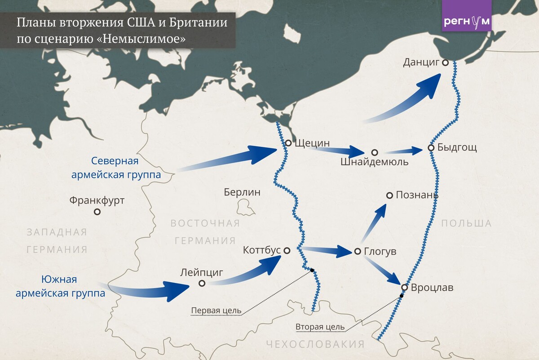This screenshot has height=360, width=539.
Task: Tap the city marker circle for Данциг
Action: pyautogui.click(x=445, y=63)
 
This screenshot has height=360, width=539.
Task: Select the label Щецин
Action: pyautogui.click(x=313, y=143)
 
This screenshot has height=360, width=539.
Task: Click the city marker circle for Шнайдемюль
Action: pyautogui.click(x=375, y=153)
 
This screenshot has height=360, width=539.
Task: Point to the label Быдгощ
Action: pyautogui.click(x=457, y=147)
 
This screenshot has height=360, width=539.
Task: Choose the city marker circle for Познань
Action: pyautogui.click(x=389, y=196)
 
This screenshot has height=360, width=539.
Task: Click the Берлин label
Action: pyautogui.click(x=242, y=192)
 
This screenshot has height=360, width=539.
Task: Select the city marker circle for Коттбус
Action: pyautogui.click(x=287, y=250)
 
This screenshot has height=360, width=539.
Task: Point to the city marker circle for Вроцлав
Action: pyautogui.click(x=404, y=287)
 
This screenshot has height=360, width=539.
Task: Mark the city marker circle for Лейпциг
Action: pyautogui.click(x=202, y=283)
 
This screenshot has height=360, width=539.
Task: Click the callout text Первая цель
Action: pyautogui.click(x=216, y=311)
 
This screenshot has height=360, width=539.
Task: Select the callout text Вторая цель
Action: pyautogui.click(x=320, y=327)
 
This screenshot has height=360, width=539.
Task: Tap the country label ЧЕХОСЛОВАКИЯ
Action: pyautogui.click(x=315, y=345)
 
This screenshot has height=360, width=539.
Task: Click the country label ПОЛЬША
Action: pyautogui.click(x=466, y=223)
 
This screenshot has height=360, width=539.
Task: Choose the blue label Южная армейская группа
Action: pyautogui.click(x=60, y=287)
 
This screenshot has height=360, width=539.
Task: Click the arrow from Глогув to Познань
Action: pyautogui.click(x=373, y=223)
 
